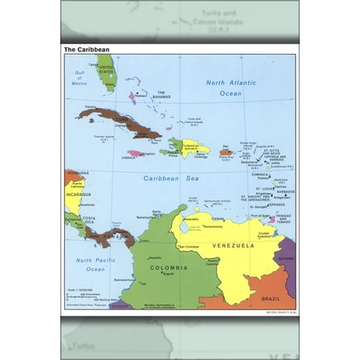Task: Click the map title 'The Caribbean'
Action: point(87,50)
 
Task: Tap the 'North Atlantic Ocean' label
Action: point(231,88)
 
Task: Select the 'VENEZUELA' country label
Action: point(233,245)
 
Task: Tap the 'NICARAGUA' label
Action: point(79,194)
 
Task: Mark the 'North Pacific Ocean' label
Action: point(95,264)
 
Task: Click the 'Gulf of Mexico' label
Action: point(80,80)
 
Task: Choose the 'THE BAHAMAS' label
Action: point(160,96)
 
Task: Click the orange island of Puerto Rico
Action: point(227,150)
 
